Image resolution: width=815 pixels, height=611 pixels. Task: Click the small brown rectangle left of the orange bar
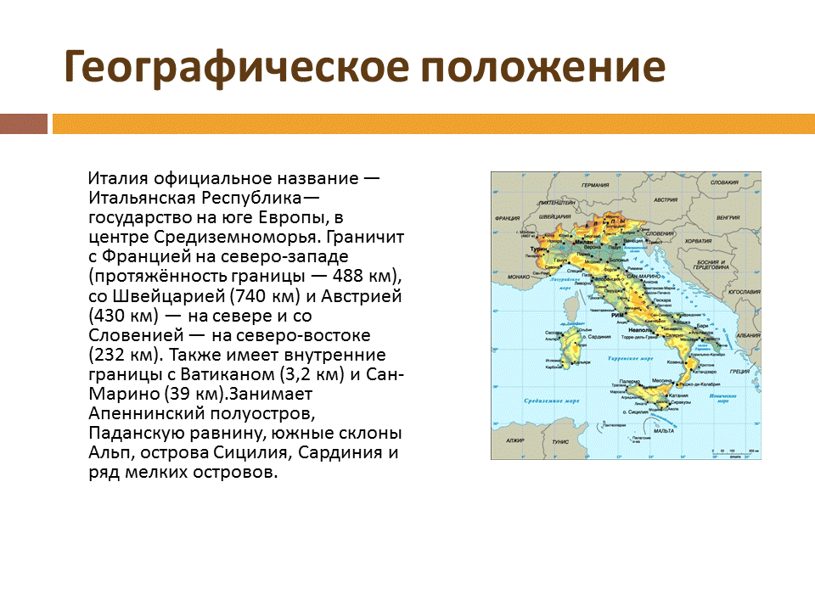[23, 124]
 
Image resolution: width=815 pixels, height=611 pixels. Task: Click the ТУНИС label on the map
[560, 442]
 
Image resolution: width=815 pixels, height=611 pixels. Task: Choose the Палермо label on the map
[627, 382]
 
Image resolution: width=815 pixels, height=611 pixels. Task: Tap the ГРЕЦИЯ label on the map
[739, 371]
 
